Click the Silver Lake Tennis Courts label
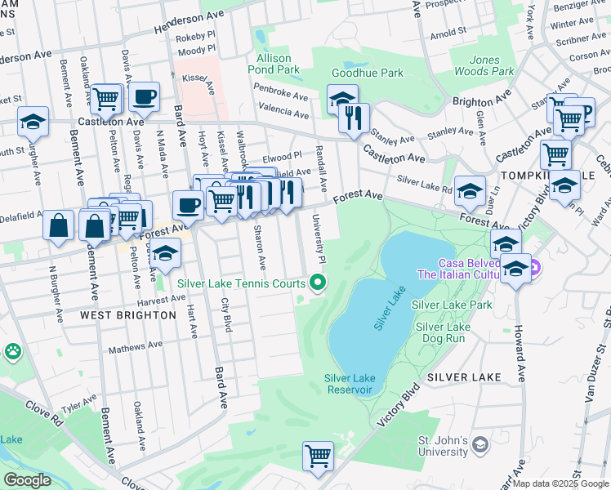click(241, 284)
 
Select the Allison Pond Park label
click(274, 65)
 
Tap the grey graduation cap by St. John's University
click(480, 443)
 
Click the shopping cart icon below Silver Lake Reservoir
click(318, 455)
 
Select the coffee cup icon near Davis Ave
click(144, 96)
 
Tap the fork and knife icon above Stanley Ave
click(354, 118)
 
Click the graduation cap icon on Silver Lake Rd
click(470, 191)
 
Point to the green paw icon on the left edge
click(13, 351)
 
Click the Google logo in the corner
click(27, 479)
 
